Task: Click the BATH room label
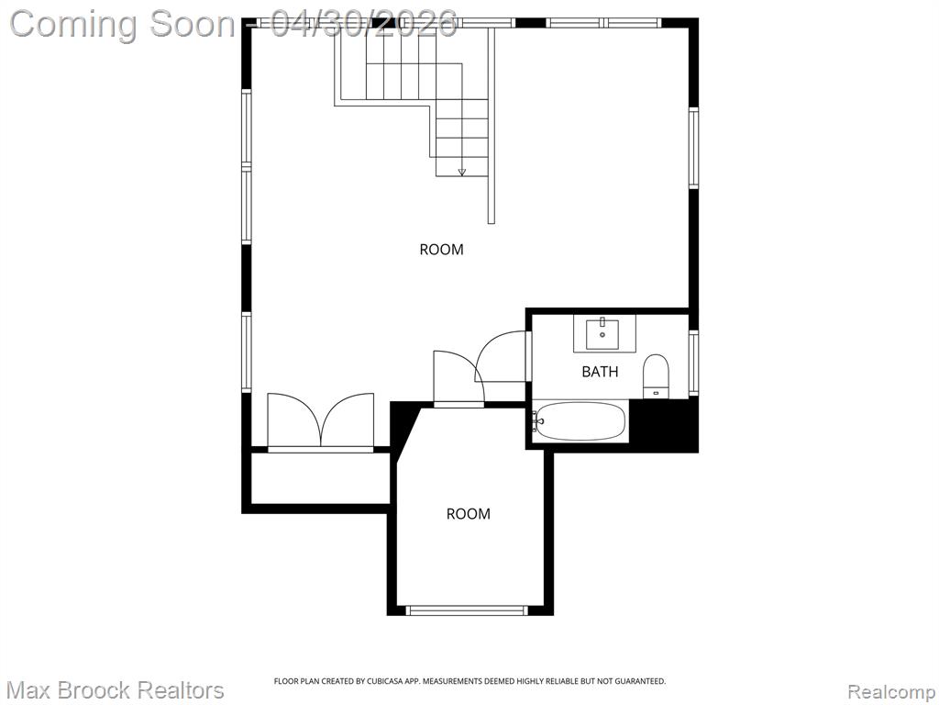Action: pyautogui.click(x=600, y=372)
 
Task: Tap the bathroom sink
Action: pyautogui.click(x=602, y=334)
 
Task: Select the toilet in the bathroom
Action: pyautogui.click(x=656, y=375)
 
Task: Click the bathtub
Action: pyautogui.click(x=580, y=420)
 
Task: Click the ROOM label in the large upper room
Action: pyautogui.click(x=441, y=250)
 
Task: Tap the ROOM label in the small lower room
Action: pyautogui.click(x=469, y=514)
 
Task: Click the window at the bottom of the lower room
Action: pyautogui.click(x=467, y=610)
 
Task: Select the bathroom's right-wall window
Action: pyautogui.click(x=693, y=363)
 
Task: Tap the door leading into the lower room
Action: pyautogui.click(x=458, y=377)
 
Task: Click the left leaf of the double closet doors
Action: pyautogui.click(x=294, y=420)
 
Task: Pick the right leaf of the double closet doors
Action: pyautogui.click(x=348, y=420)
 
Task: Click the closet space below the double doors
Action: pyautogui.click(x=320, y=478)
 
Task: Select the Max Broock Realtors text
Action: pyautogui.click(x=116, y=690)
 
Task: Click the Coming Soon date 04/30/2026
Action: pyautogui.click(x=363, y=25)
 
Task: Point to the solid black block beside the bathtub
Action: pyautogui.click(x=665, y=424)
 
